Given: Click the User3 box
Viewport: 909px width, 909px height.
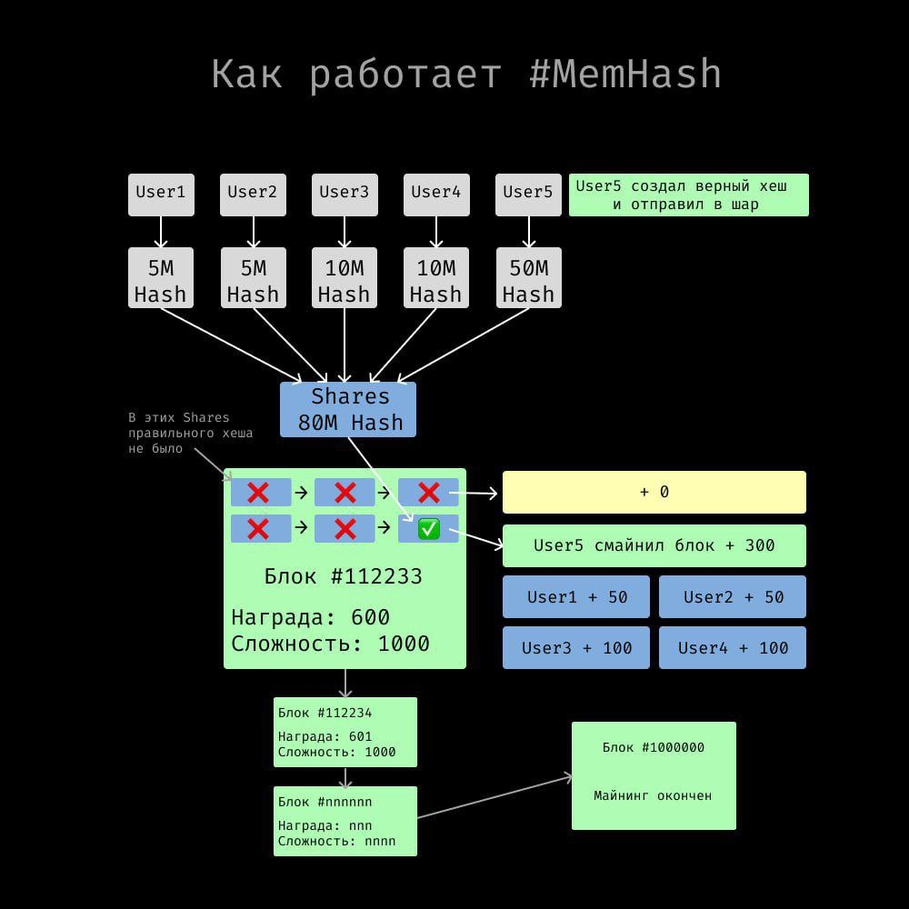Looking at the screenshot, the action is (345, 195).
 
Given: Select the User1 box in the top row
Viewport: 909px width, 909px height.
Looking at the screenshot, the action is (161, 195).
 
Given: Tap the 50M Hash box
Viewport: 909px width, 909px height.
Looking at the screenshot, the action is (528, 277).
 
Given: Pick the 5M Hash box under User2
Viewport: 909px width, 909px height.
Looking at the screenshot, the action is (254, 277).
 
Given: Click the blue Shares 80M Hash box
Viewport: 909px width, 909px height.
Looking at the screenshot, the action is (348, 409).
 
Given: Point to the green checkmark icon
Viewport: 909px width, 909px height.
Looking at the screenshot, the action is (429, 529).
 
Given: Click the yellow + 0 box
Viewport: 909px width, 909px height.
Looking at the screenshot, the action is (654, 492).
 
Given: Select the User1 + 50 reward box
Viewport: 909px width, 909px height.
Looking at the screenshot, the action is (576, 596).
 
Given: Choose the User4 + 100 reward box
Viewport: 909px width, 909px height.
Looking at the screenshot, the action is (732, 647).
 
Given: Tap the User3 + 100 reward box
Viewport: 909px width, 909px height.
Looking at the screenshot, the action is (576, 647).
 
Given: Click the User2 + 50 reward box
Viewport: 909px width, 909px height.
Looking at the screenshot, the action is (732, 596).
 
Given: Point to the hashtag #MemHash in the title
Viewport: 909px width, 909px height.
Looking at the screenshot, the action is (625, 75).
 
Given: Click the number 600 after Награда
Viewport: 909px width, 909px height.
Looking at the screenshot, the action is (371, 617).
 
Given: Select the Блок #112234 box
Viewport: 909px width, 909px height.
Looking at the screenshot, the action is (345, 732).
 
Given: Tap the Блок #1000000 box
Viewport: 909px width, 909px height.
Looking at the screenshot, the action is (654, 775).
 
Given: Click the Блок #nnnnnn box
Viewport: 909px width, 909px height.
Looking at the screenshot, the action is (345, 821).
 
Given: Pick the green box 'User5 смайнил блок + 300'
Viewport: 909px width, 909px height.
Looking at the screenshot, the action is (654, 545).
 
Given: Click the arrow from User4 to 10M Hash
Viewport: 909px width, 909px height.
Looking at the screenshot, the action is (436, 232).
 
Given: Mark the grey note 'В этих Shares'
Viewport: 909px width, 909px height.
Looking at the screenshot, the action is (190, 433).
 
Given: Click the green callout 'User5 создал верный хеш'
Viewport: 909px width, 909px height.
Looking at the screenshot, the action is (689, 195).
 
